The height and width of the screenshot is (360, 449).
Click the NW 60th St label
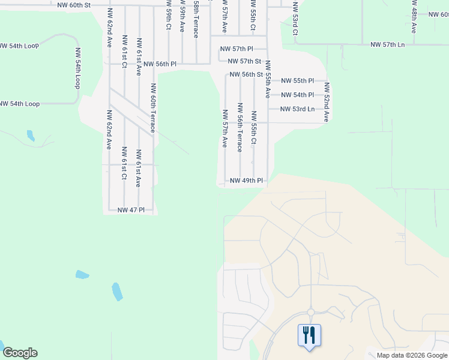coord(74,5)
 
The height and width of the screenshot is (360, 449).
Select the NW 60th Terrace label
coord(154,108)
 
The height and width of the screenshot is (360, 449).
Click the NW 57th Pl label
coord(237,48)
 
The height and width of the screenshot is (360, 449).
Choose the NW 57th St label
coord(244,61)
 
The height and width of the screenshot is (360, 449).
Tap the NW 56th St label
coord(247,75)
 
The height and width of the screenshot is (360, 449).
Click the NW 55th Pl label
coord(298,80)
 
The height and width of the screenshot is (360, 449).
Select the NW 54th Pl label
coord(298,95)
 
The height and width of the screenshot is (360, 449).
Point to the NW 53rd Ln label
coord(298,109)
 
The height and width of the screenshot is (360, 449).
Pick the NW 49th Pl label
coord(247,181)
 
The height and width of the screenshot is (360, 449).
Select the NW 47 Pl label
coord(131,210)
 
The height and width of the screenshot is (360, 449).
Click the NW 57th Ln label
coord(388,45)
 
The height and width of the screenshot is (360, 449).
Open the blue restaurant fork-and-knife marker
coord(309,335)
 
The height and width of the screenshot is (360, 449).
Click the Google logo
coord(20,353)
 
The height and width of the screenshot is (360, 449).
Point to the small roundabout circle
coord(310,312)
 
